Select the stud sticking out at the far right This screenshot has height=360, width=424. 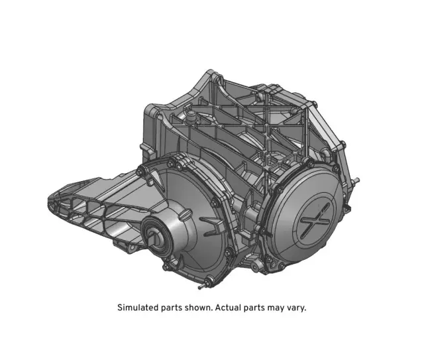(358, 180)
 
